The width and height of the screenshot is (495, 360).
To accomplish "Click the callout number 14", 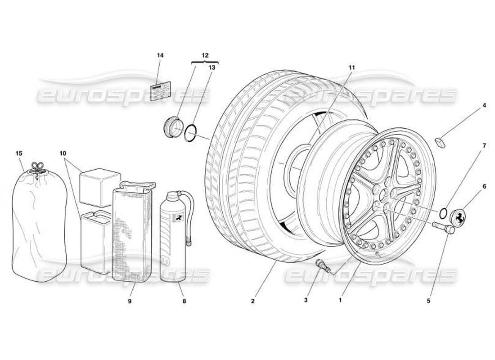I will [160, 55].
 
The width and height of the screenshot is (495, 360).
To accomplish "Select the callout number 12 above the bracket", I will [205, 55].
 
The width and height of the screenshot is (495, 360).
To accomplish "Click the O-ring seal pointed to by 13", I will [191, 134].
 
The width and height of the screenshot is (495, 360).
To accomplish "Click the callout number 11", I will [351, 67].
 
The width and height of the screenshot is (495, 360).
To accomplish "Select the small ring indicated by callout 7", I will [443, 212].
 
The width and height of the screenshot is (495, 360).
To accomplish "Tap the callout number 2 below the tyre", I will [253, 301].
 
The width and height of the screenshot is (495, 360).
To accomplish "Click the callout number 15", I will [19, 153].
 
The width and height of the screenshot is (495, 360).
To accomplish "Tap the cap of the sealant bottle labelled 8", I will [173, 196].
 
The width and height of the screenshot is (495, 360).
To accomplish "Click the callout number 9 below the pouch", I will [129, 301].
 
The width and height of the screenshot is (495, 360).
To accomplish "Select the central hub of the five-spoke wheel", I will [383, 197].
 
